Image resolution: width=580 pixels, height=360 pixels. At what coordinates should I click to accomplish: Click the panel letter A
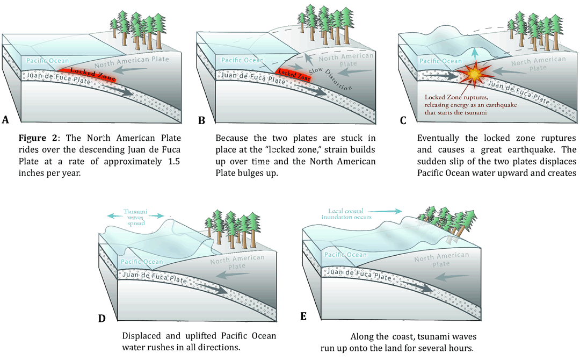pos(6,120)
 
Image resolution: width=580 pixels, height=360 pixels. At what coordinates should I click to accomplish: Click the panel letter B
pos(201,120)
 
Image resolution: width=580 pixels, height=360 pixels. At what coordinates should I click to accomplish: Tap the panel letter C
pos(403,120)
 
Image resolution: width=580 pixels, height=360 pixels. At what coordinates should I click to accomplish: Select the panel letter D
pos(102,318)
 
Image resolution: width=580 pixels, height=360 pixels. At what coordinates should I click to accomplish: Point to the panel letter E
pos(303,316)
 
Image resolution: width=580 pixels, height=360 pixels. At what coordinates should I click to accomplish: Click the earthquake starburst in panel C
pos(474,74)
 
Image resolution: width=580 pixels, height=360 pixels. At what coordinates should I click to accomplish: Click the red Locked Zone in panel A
pos(89,73)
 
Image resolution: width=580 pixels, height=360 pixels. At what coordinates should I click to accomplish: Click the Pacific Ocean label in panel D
pos(142,262)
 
